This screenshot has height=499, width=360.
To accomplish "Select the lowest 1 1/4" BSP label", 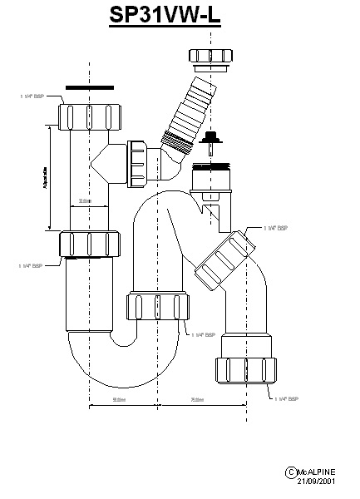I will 285,400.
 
